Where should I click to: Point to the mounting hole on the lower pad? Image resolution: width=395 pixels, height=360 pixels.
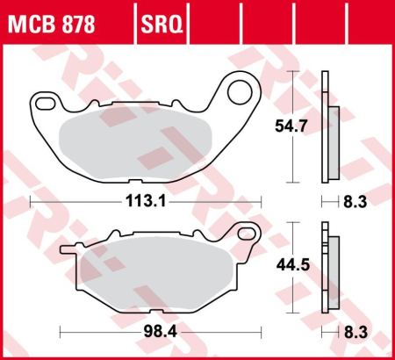point(247,236)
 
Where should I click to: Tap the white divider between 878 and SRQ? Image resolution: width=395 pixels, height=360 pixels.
point(134,18)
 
